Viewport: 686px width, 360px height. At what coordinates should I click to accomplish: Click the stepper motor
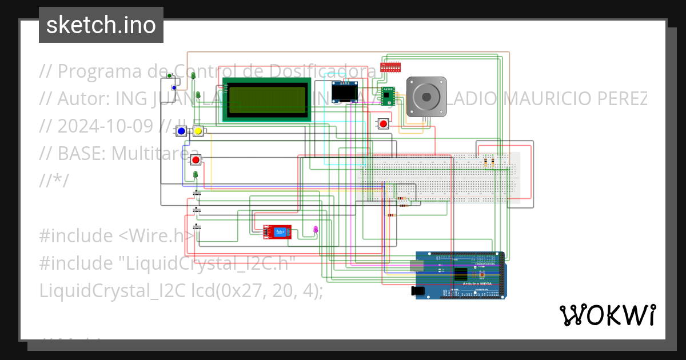(x=425, y=97)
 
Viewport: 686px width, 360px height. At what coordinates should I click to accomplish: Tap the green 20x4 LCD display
(x=266, y=99)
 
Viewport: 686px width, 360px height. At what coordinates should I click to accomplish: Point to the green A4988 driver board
(x=388, y=93)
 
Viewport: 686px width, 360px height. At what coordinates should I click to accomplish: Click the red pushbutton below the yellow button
(x=196, y=159)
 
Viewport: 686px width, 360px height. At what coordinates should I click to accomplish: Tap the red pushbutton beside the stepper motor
(x=384, y=123)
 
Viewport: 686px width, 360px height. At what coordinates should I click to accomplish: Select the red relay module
(x=277, y=231)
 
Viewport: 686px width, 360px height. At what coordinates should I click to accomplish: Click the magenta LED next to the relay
(x=316, y=230)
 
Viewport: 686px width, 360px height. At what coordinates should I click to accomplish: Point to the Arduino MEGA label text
(x=469, y=283)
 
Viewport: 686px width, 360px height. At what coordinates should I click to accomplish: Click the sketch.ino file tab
(x=101, y=25)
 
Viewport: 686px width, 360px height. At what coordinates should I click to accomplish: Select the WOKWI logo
(x=607, y=315)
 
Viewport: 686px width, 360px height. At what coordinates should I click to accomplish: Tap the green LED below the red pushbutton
(x=196, y=174)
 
